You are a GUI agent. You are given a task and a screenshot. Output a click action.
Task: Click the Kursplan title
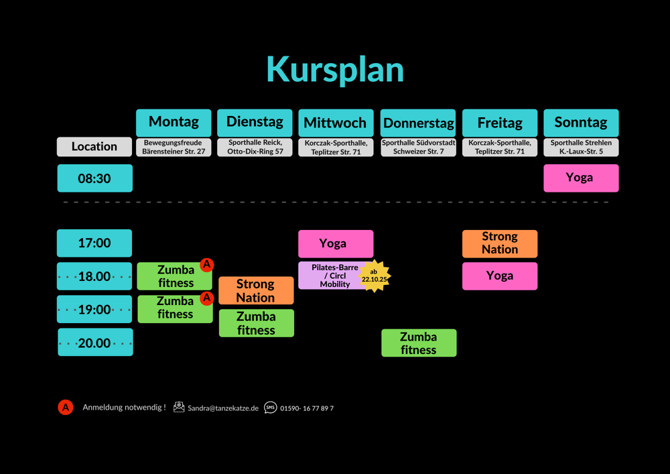pyautogui.click(x=335, y=69)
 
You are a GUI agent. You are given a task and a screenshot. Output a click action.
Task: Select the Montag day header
pyautogui.click(x=174, y=123)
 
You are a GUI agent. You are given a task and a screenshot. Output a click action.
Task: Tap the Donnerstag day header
pyautogui.click(x=418, y=123)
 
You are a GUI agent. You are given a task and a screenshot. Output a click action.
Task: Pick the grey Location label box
pyautogui.click(x=94, y=146)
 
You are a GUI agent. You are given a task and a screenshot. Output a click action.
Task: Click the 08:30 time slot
pyautogui.click(x=94, y=178)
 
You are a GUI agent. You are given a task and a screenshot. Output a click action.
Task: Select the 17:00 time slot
pyautogui.click(x=94, y=243)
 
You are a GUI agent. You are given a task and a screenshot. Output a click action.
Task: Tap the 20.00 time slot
pyautogui.click(x=94, y=343)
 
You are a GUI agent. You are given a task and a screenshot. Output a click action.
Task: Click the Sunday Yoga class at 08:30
pyautogui.click(x=581, y=178)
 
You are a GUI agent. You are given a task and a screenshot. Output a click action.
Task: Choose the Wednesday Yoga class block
pyautogui.click(x=336, y=243)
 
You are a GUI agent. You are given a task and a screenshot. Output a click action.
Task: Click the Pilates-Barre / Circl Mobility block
pyautogui.click(x=331, y=276)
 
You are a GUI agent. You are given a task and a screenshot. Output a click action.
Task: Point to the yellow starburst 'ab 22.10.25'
pyautogui.click(x=375, y=275)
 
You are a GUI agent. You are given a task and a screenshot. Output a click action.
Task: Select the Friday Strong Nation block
pyautogui.click(x=500, y=243)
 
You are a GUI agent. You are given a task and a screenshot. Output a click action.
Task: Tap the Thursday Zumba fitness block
pyautogui.click(x=419, y=343)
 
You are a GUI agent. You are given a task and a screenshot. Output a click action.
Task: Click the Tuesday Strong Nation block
pyautogui.click(x=256, y=291)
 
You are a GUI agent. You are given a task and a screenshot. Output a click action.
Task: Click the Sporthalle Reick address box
pyautogui.click(x=255, y=147)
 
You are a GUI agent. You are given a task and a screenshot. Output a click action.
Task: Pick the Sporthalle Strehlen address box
pyautogui.click(x=581, y=147)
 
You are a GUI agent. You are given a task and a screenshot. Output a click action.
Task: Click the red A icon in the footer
pyautogui.click(x=65, y=407)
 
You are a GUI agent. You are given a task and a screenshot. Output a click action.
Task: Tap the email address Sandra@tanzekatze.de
pyautogui.click(x=222, y=408)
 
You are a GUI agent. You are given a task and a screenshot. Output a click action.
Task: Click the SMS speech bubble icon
pyautogui.click(x=270, y=407)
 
